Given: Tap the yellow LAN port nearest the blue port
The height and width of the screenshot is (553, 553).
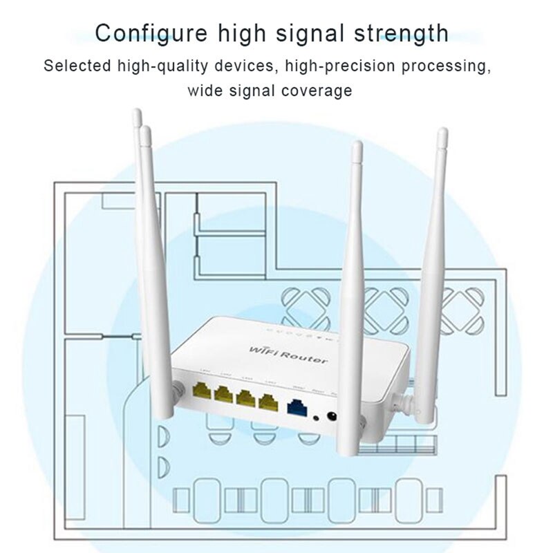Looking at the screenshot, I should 268,402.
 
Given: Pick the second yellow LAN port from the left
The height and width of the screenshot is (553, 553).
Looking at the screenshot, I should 225,394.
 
